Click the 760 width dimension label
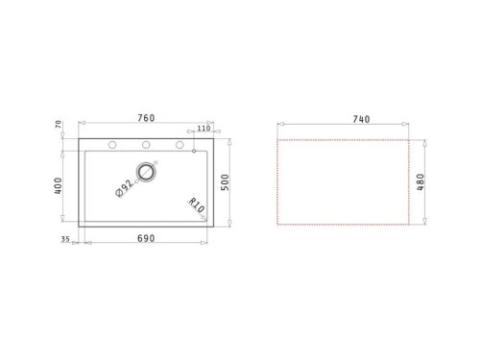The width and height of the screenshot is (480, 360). [145, 118]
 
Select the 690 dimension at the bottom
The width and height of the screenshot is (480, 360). [145, 236]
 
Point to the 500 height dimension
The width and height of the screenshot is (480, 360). [226, 182]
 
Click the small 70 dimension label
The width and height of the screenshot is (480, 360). [60, 125]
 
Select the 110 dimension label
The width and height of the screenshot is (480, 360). [204, 128]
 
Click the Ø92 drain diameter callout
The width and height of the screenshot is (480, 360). [125, 188]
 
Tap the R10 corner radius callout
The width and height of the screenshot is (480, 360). [195, 205]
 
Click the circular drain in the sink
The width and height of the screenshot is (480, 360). [147, 172]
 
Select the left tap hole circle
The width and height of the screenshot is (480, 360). [113, 145]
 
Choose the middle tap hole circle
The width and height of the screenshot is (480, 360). [147, 145]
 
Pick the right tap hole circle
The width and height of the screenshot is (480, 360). [180, 145]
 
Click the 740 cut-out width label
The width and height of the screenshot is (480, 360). [360, 119]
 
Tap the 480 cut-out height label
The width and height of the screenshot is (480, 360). [420, 182]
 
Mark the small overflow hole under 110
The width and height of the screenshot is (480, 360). [195, 151]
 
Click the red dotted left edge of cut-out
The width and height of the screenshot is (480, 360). [278, 182]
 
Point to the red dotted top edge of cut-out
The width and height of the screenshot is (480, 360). [346, 137]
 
